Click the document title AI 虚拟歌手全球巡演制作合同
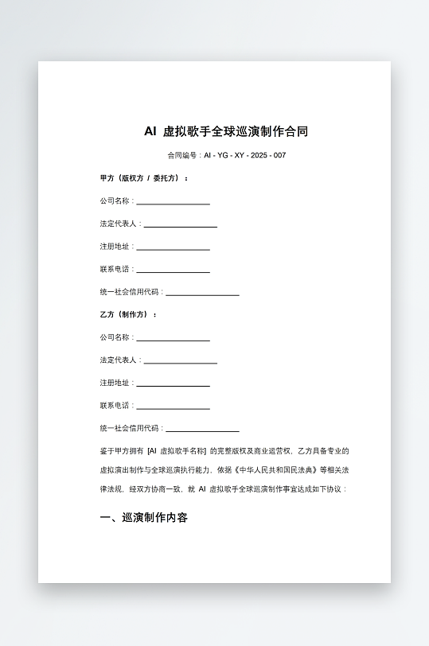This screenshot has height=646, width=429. point(226,131)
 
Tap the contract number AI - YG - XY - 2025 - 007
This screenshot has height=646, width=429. point(244,155)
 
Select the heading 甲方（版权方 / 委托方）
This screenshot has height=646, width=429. point(144,178)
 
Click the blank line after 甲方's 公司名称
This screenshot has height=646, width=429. point(173,202)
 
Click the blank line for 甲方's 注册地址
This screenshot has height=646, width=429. point(173,247)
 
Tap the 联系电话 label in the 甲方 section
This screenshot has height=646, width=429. point(115,270)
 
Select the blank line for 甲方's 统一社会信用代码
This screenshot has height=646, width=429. point(202,293)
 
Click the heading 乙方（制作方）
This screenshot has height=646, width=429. point(128,315)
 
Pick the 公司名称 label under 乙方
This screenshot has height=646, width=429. point(115,337)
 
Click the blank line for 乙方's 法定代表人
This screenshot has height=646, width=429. point(180,361)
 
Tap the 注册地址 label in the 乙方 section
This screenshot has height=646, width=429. point(115,383)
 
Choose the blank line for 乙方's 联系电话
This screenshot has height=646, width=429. point(173,407)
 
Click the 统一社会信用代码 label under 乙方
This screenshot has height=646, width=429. point(131,428)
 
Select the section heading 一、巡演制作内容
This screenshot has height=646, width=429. point(144,518)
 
